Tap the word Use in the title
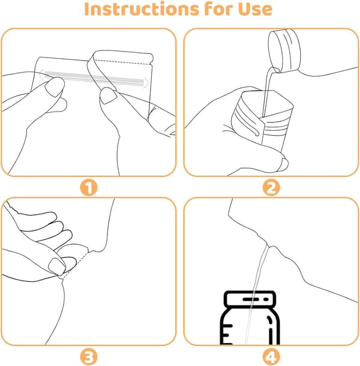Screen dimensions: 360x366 pyautogui.click(x=255, y=10)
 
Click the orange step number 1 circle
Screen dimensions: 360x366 pyautogui.click(x=89, y=187)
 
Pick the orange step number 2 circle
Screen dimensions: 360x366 pyautogui.click(x=271, y=187)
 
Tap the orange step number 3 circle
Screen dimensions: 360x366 pyautogui.click(x=89, y=356)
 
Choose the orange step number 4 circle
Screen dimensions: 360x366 pyautogui.click(x=271, y=356)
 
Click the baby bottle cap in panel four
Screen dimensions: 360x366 pyautogui.click(x=250, y=299)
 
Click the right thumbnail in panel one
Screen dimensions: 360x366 pyautogui.click(x=108, y=95)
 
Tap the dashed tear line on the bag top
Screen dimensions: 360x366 pyautogui.click(x=122, y=62)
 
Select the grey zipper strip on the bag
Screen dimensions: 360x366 pyautogui.click(x=94, y=77)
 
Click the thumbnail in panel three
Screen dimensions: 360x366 pyautogui.click(x=57, y=266)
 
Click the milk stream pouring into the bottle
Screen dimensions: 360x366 pyautogui.click(x=257, y=294)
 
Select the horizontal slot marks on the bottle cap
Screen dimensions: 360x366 pyautogui.click(x=256, y=299)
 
